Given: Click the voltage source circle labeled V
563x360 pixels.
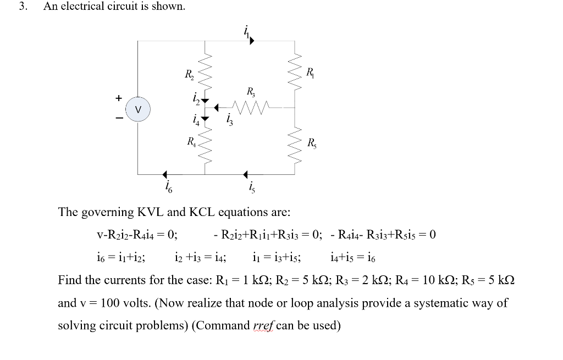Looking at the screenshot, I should tap(139, 109).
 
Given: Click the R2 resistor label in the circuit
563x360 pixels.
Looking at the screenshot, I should tap(188, 75).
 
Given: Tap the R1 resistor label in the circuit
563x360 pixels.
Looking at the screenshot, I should tap(310, 71).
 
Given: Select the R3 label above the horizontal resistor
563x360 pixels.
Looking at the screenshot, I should tap(251, 91).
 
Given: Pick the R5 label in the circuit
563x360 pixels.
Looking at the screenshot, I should tap(312, 145).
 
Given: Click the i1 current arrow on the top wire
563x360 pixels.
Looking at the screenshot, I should tap(251, 40).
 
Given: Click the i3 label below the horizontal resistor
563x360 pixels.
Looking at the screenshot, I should tap(230, 120).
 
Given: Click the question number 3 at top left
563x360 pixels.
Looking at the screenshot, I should tap(22, 7).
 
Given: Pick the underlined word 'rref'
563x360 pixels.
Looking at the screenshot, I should tap(263, 325).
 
